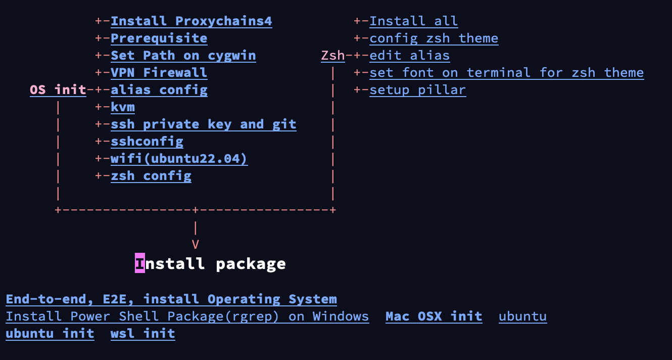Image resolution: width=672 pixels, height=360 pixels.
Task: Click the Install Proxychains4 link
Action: click(x=191, y=21)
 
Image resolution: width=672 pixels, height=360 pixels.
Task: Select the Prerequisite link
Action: click(x=159, y=38)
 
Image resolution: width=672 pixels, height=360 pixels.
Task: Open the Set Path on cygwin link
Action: click(x=183, y=56)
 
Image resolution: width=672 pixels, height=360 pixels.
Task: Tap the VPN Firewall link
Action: click(x=159, y=73)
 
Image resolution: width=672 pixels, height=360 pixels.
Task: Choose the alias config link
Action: click(x=159, y=90)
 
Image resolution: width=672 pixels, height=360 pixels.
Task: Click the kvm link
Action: click(x=123, y=107)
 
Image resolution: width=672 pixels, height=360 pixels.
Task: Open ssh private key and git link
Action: click(x=204, y=124)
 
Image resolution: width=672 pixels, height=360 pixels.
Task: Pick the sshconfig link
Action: click(x=147, y=142)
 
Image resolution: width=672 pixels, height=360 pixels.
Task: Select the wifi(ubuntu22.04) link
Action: click(x=179, y=159)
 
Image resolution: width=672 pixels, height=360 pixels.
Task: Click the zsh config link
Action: click(x=151, y=176)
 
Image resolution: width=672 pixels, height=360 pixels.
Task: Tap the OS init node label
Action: click(x=58, y=90)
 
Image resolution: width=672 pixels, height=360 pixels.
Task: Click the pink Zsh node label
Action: click(x=333, y=56)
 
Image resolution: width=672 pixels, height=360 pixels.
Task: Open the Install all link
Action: click(x=414, y=21)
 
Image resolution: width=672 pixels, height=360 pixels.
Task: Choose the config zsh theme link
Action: click(x=434, y=38)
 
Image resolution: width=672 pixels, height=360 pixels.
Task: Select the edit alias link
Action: click(x=410, y=56)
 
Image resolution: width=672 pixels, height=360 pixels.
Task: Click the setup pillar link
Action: click(x=418, y=90)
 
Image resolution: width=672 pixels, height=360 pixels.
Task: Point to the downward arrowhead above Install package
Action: click(x=196, y=245)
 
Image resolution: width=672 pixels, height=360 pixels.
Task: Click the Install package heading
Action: click(x=211, y=264)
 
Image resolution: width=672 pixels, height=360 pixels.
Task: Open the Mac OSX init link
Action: click(x=434, y=317)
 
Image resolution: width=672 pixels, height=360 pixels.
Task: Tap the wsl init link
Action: click(x=143, y=334)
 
